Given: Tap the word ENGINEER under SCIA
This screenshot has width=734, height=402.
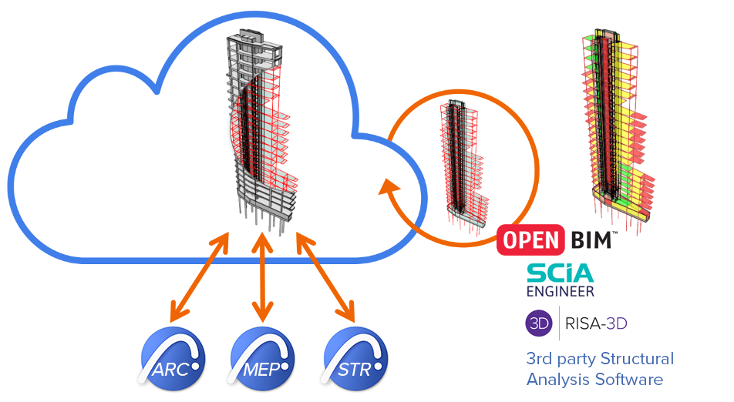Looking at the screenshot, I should (x=561, y=291).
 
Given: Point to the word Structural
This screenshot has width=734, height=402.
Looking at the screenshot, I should (x=638, y=358).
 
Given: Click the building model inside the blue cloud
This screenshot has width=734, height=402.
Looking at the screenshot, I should (x=258, y=127).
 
